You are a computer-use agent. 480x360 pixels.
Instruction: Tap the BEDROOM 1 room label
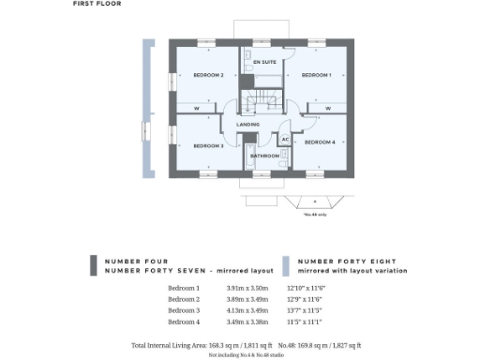(316, 74)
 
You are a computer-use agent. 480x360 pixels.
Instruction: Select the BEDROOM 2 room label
(207, 74)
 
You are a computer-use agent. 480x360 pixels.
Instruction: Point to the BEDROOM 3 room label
(207, 145)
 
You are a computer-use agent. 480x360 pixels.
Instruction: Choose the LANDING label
(247, 124)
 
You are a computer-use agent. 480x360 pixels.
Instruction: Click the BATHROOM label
(265, 156)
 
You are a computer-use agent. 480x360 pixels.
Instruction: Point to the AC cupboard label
(285, 140)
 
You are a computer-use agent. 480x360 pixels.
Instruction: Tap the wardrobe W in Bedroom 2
(197, 108)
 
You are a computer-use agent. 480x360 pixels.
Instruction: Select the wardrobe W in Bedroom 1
(328, 108)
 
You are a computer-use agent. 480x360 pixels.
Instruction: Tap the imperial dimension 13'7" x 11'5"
(315, 309)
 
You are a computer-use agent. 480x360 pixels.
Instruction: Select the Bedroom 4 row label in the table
(184, 321)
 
